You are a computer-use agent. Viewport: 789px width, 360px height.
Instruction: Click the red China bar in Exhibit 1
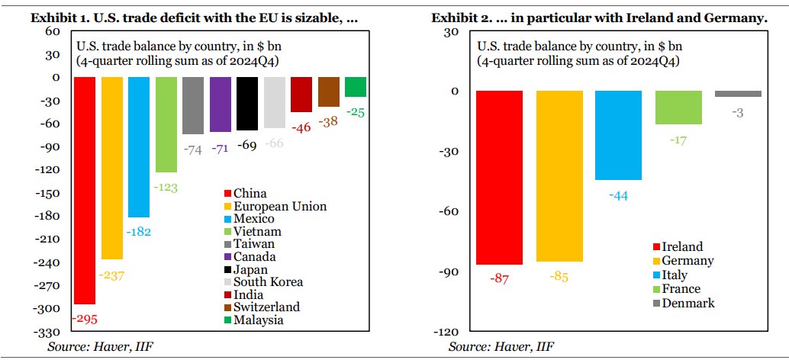84,191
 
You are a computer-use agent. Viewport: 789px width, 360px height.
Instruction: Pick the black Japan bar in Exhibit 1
247,104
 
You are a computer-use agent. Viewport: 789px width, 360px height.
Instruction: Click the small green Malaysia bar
356,87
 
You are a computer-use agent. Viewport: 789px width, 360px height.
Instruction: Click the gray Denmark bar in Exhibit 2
738,94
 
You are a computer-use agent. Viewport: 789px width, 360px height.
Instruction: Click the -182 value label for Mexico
138,230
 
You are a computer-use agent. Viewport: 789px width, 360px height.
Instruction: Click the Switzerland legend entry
260,307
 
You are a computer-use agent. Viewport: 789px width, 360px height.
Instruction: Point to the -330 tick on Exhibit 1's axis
49,332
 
